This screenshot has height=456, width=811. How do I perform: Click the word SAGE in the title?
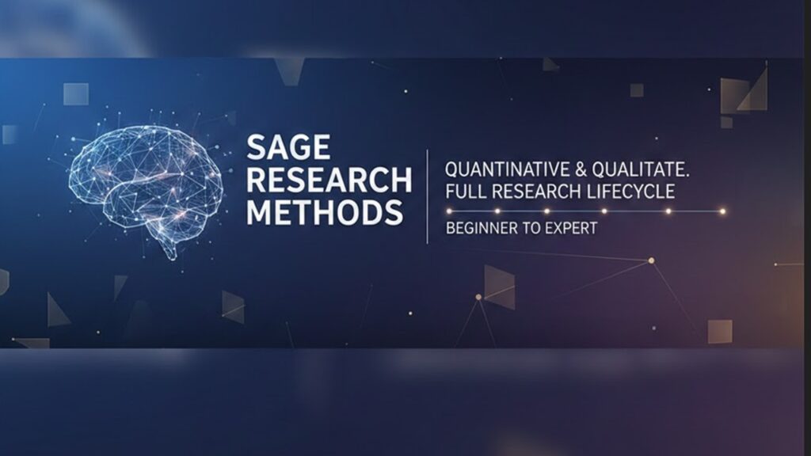(288, 147)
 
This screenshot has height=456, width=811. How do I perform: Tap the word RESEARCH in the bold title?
(329, 180)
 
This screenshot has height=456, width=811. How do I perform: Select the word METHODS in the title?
(325, 212)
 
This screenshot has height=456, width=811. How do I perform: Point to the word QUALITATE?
(641, 169)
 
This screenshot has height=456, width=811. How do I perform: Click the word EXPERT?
(572, 228)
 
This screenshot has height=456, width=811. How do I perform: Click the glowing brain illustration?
(147, 184)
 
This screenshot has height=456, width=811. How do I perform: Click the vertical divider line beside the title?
(427, 196)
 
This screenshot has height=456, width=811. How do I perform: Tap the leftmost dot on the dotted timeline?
(449, 211)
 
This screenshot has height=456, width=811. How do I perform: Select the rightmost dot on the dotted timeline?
(722, 211)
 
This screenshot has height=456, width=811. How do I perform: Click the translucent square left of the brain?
(76, 94)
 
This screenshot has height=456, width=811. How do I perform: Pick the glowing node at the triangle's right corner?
(652, 260)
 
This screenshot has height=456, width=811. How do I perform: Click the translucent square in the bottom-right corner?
(720, 332)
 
